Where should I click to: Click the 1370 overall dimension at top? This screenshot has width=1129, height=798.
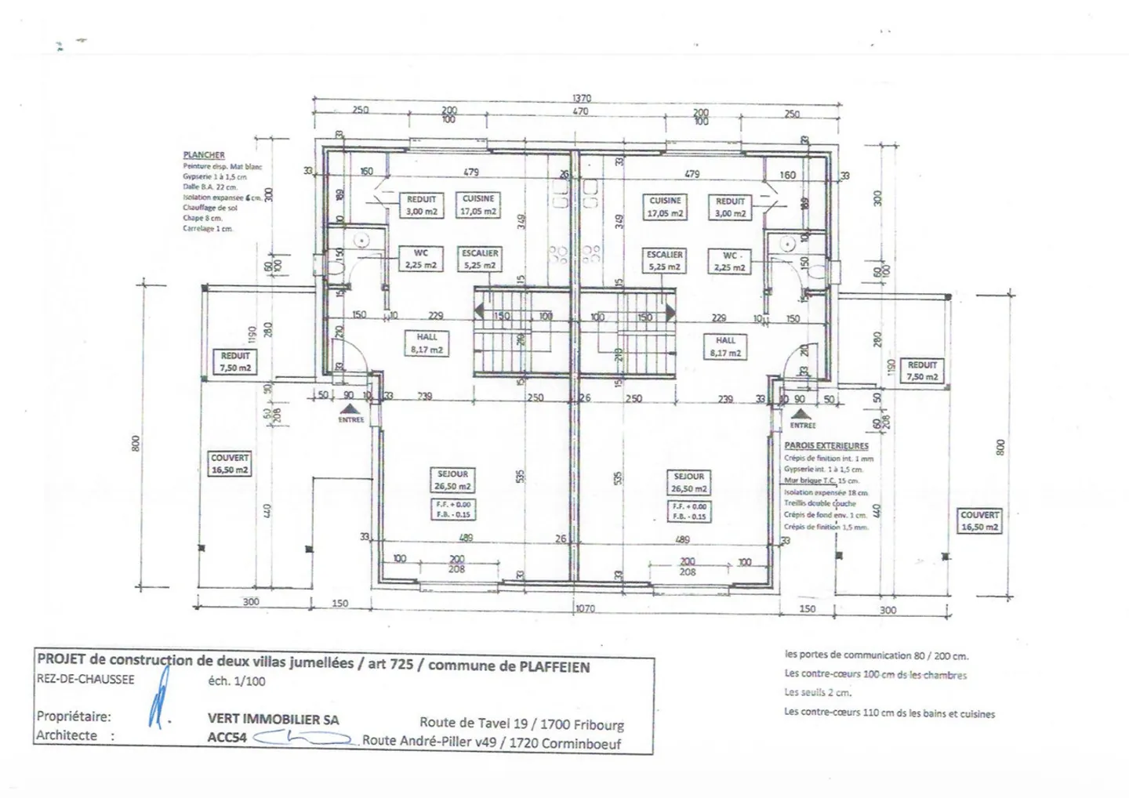pyautogui.click(x=581, y=99)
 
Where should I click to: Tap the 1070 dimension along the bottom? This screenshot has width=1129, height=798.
pyautogui.click(x=585, y=608)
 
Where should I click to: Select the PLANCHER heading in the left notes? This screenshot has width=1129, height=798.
pyautogui.click(x=204, y=155)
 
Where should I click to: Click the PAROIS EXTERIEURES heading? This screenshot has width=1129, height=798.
pyautogui.click(x=826, y=445)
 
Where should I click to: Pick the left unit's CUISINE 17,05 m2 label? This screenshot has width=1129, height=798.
pyautogui.click(x=478, y=205)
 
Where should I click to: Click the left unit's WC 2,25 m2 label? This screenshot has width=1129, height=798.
pyautogui.click(x=420, y=259)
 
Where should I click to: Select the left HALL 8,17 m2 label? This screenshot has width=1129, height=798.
pyautogui.click(x=427, y=343)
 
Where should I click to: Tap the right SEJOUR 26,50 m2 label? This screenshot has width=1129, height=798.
pyautogui.click(x=688, y=482)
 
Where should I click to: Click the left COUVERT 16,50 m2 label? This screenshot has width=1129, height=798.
pyautogui.click(x=230, y=464)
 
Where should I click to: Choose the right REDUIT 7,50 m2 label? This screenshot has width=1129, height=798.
pyautogui.click(x=922, y=371)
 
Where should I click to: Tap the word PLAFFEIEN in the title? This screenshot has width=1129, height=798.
pyautogui.click(x=555, y=667)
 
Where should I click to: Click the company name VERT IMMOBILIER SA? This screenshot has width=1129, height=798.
pyautogui.click(x=274, y=719)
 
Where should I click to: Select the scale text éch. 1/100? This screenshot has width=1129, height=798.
pyautogui.click(x=236, y=681)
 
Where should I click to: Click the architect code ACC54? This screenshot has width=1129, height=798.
pyautogui.click(x=227, y=737)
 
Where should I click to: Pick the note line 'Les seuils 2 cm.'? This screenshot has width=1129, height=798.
pyautogui.click(x=818, y=693)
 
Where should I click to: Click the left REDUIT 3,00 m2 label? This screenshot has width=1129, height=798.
pyautogui.click(x=421, y=205)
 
